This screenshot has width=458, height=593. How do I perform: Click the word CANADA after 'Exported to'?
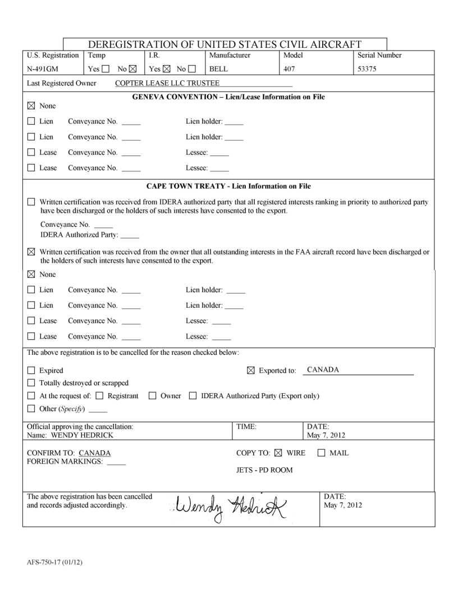[x=323, y=370]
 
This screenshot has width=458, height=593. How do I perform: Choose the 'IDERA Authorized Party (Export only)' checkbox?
[x=192, y=396]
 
